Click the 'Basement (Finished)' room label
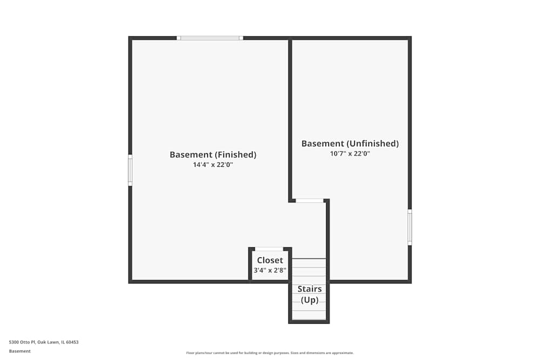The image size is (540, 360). point(213,155)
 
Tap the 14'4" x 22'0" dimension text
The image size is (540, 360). point(213,165)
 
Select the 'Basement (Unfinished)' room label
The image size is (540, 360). point(350,144)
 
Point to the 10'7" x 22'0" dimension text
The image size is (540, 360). point(350,154)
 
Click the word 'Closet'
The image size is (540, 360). point(270,261)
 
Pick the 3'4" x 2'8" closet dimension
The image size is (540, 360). point(270,270)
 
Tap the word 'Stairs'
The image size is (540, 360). point(309,289)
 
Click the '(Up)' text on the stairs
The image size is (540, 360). point(309,300)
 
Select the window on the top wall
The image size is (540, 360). point(210,38)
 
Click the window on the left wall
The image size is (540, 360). point(130,170)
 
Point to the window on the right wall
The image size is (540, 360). point(410,227)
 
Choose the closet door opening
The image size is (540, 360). point(269,249)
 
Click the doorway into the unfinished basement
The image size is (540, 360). point(309,201)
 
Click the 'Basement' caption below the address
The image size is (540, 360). point(20,351)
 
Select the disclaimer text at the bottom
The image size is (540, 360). point(270,353)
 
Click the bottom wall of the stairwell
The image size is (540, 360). point(309,322)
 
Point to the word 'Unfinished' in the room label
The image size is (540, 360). point(373,144)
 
